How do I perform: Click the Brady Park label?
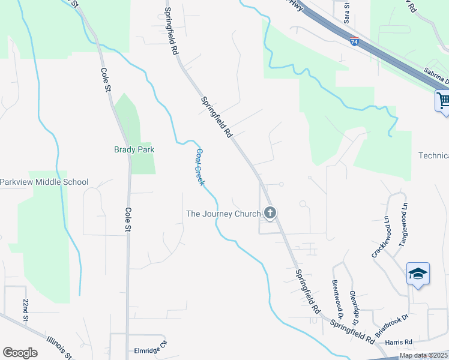click(134, 149)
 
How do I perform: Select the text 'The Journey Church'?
click(223, 214)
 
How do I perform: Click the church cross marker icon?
click(270, 212)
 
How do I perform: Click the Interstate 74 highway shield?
click(355, 41)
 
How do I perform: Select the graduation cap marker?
click(418, 274)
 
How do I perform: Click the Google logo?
click(20, 353)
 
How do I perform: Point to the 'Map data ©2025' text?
click(423, 355)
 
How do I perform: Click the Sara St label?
click(346, 12)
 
